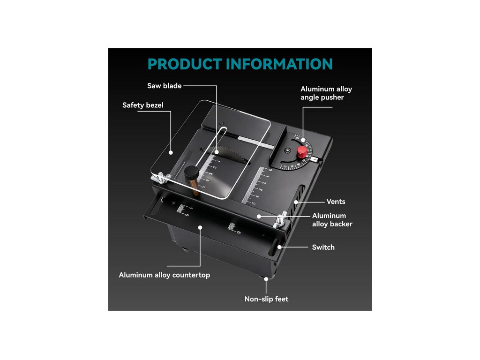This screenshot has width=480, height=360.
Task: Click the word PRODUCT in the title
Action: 185,64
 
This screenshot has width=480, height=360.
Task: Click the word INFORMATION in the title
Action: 279,64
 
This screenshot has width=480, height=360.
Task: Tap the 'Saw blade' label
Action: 164,86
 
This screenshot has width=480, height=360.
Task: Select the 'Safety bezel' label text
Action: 143,105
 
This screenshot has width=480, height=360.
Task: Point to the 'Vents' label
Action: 336,202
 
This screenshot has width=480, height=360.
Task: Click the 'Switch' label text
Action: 323,247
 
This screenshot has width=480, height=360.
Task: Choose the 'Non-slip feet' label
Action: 266,299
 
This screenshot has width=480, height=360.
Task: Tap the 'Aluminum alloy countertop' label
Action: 164,275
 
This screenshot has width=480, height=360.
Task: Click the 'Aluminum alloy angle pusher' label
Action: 326,93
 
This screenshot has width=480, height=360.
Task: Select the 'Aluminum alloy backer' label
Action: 332,220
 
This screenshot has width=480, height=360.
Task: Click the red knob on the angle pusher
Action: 302,151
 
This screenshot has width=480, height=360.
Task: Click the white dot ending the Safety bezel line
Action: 172,152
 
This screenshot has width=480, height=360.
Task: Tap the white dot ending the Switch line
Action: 279,247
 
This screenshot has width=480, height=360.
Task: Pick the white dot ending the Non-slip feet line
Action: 266,279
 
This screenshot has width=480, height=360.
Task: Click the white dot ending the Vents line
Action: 296,202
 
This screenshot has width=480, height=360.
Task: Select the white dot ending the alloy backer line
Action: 258,216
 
